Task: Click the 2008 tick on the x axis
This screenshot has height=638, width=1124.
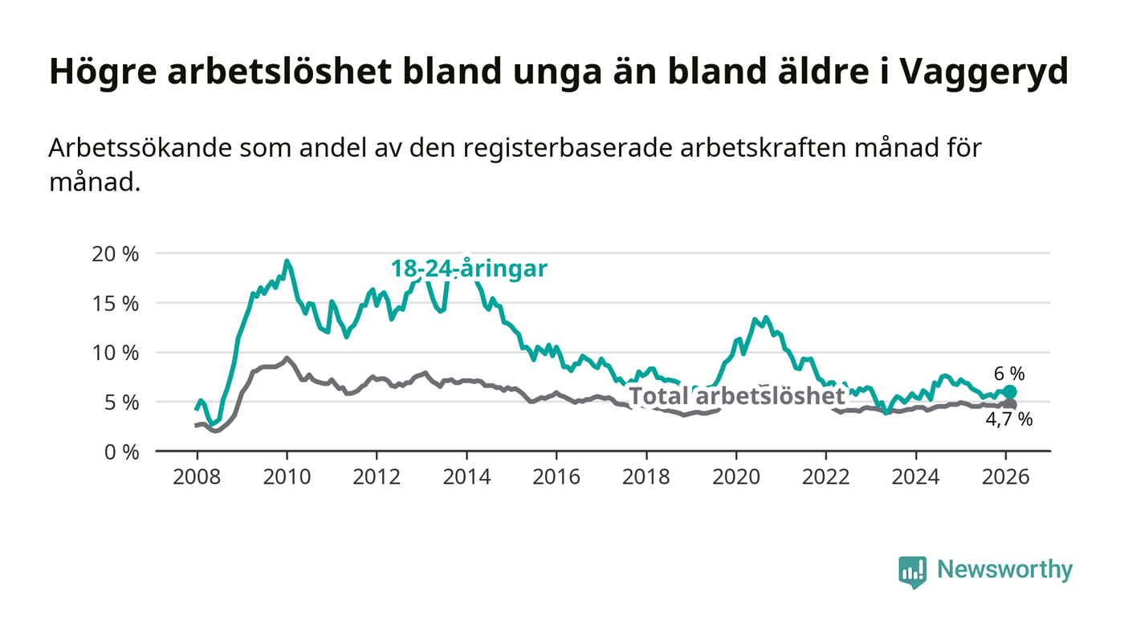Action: point(197,476)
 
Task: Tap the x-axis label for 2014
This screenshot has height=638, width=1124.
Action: point(466,476)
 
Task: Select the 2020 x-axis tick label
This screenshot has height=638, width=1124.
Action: point(736,476)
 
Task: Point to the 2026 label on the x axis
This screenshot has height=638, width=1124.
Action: point(1006,476)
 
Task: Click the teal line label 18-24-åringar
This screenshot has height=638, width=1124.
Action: point(469,268)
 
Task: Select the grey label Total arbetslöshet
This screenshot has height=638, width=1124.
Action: point(736,395)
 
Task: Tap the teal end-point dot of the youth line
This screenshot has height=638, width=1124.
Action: point(1010,392)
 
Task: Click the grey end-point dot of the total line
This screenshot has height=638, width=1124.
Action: point(1010,404)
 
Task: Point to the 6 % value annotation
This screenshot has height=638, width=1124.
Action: point(1009,374)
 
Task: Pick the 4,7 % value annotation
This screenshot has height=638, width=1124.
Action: point(1009,419)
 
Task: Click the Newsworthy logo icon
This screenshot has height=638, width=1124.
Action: point(913,571)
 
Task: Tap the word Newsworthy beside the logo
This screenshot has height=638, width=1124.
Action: point(1004,570)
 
